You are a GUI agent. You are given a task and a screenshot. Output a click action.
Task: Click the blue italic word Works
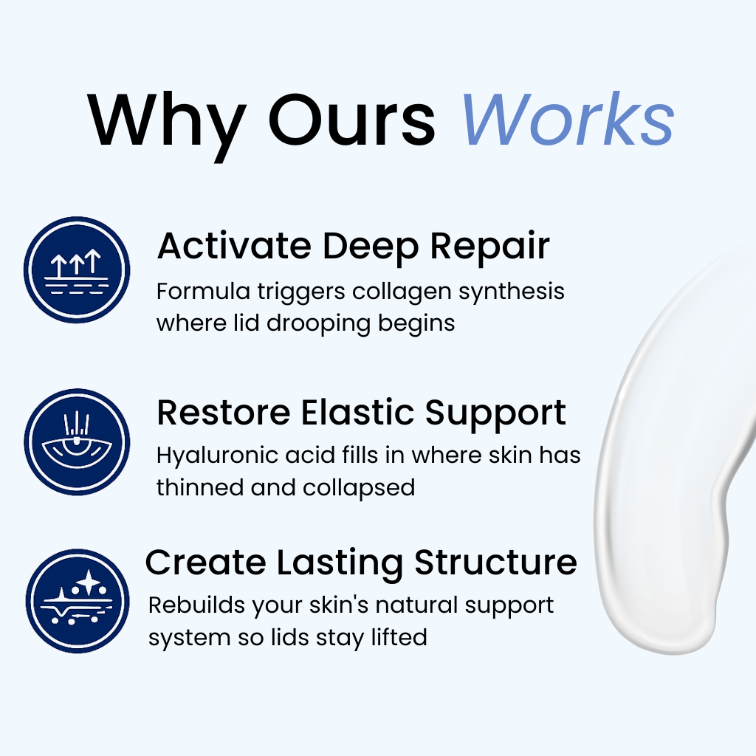568,119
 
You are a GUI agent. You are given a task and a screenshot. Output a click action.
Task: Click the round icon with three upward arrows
77,270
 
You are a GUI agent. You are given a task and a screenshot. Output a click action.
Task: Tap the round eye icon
77,441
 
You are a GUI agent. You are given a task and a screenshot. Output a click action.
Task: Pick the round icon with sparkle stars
77,601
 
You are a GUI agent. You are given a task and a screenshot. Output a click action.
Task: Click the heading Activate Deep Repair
354,247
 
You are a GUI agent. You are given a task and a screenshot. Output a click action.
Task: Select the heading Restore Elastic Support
361,413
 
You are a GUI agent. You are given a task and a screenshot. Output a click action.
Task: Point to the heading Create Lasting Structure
361,563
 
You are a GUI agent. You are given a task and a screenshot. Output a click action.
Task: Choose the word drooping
318,324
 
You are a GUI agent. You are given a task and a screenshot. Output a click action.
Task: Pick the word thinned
199,487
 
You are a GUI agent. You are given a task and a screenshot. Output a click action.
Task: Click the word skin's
339,605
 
